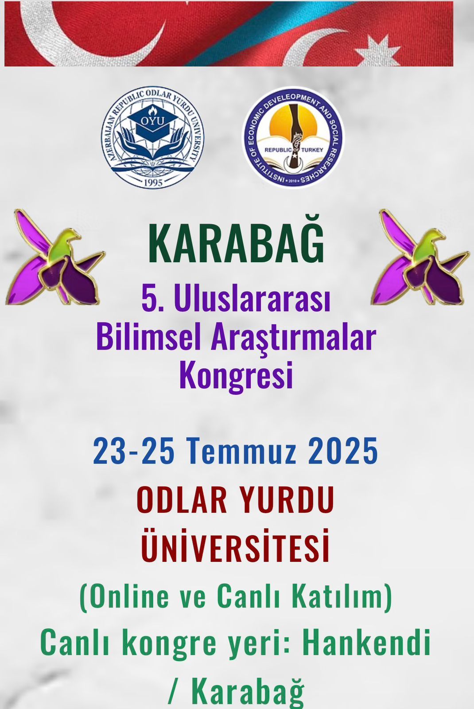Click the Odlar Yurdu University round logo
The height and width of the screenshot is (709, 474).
(x=153, y=137)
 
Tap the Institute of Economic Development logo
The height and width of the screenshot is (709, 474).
(x=293, y=137)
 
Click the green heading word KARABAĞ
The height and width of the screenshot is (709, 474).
(x=236, y=243)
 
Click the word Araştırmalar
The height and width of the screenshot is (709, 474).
(x=293, y=338)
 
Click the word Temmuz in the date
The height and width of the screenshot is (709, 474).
(x=241, y=450)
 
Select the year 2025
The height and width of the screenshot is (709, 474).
(x=343, y=450)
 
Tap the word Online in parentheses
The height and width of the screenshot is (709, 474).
(x=125, y=596)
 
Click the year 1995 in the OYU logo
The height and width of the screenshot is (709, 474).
(x=153, y=183)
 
